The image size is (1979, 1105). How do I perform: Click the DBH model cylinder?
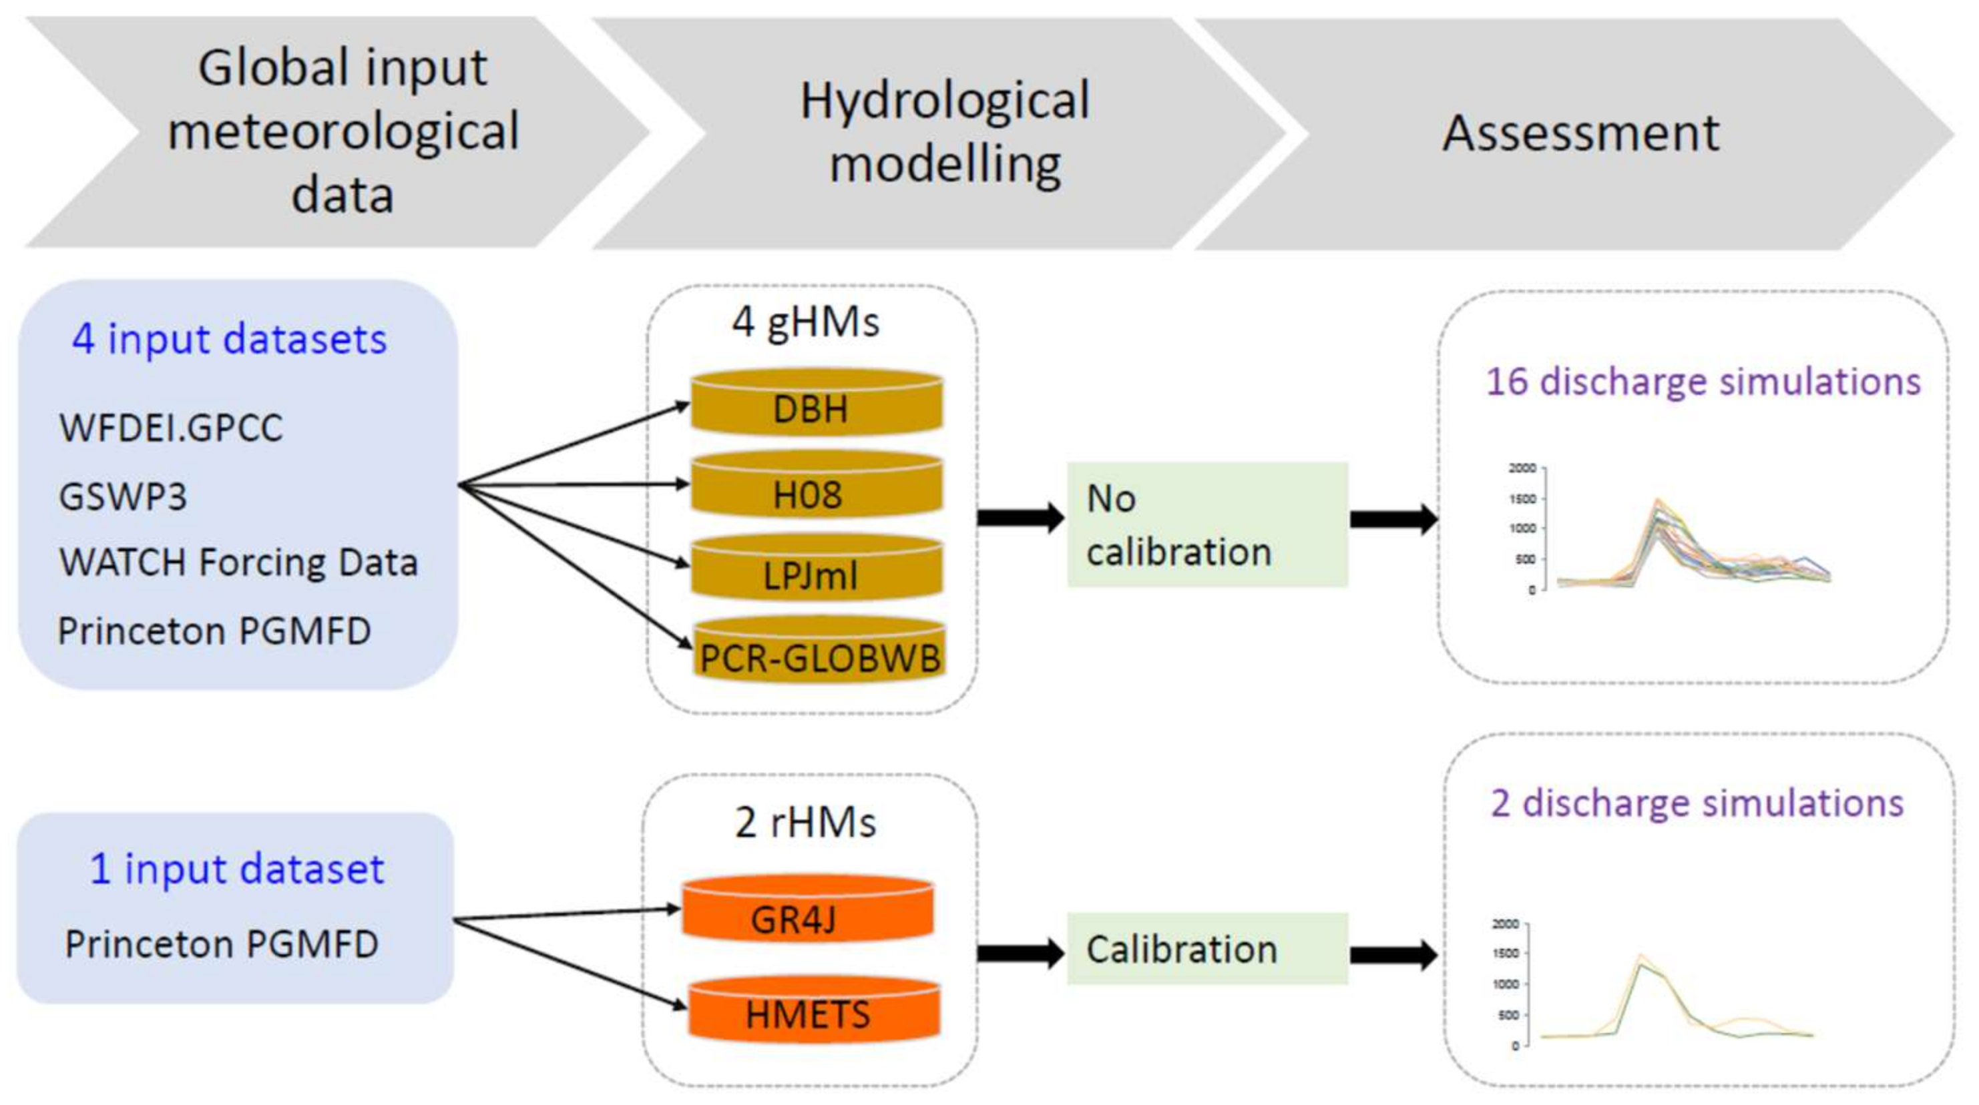pos(817,402)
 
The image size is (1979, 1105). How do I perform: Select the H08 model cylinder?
pos(817,485)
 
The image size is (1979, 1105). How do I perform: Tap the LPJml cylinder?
pos(817,569)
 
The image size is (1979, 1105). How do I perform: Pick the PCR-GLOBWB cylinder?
pos(819,650)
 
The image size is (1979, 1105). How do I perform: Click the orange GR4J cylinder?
pos(808,909)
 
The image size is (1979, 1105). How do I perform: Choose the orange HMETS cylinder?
pos(813,1010)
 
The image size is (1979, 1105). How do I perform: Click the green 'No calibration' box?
pos(1208,524)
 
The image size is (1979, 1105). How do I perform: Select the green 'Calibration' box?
pos(1208,949)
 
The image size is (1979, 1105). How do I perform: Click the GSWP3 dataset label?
pos(123,496)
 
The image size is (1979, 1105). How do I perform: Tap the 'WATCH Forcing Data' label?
pos(239,562)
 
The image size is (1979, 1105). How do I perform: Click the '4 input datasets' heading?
pos(230,339)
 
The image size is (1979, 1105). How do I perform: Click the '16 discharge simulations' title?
pos(1703,382)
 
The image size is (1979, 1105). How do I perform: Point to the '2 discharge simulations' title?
pos(1698,803)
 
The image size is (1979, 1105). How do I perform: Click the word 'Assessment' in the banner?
pos(1581,133)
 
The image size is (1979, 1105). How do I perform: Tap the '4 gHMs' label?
pos(806,322)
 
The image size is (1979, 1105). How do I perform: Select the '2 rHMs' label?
pos(805,823)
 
